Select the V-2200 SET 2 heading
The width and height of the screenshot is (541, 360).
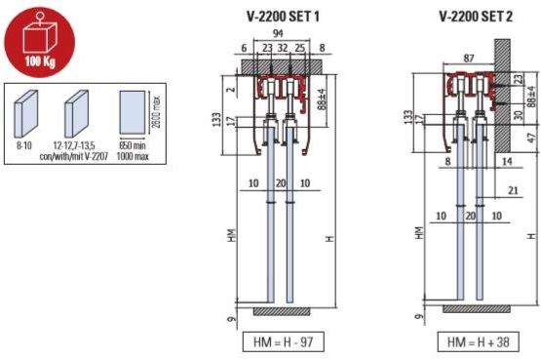coord(475,17)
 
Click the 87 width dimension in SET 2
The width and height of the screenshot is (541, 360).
coord(470,58)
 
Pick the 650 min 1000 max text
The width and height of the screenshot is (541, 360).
coord(133,149)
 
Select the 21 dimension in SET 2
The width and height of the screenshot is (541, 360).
coord(513,190)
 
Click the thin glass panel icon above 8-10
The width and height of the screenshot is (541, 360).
coord(26,114)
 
